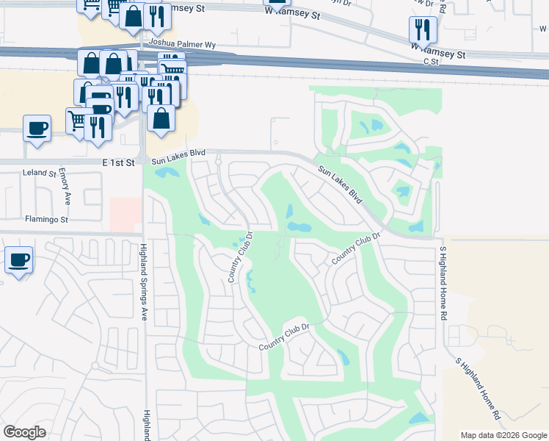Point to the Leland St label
pos(40,173)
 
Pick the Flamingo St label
pos(46,219)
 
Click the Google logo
pos(24,432)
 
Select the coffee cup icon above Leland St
pos(37,128)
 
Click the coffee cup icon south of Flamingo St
pos(18,259)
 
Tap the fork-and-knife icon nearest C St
pos(423,29)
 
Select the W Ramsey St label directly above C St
pos(438,54)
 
